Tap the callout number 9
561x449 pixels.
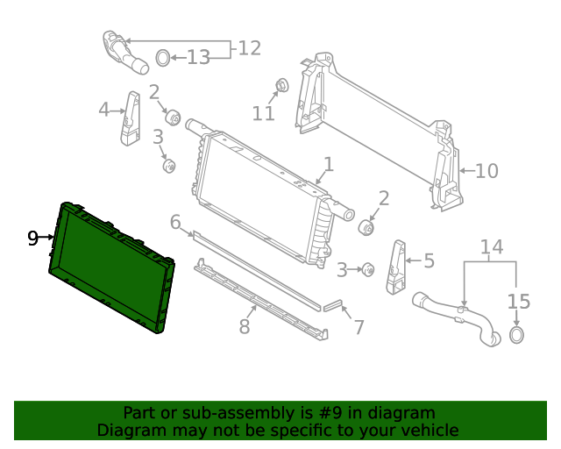pyautogui.click(x=33, y=238)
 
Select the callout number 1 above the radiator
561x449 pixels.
pyautogui.click(x=328, y=164)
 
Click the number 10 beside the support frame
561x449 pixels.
pyautogui.click(x=486, y=171)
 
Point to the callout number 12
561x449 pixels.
pyautogui.click(x=250, y=48)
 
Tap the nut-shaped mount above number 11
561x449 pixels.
pyautogui.click(x=282, y=86)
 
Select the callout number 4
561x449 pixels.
pyautogui.click(x=104, y=110)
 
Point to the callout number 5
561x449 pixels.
pyautogui.click(x=429, y=260)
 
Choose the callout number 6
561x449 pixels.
pyautogui.click(x=175, y=222)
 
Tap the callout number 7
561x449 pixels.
pyautogui.click(x=359, y=327)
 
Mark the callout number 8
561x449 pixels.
pyautogui.click(x=245, y=327)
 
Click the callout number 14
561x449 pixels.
pyautogui.click(x=492, y=247)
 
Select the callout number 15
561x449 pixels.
pyautogui.click(x=519, y=302)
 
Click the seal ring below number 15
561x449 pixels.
pyautogui.click(x=517, y=335)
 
